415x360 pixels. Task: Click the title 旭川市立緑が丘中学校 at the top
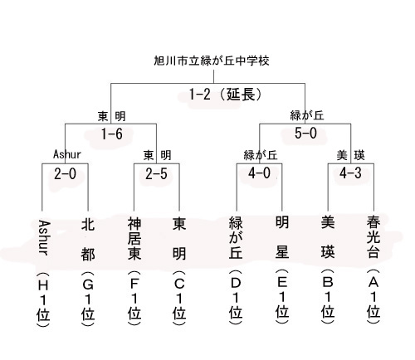(x=212, y=61)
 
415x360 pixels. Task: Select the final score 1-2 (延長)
(x=226, y=95)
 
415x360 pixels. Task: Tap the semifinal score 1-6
(x=112, y=134)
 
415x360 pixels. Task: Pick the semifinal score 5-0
(x=305, y=134)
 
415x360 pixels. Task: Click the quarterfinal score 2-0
(x=65, y=174)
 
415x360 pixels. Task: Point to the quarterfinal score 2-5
(x=157, y=174)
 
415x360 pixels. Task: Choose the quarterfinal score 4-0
(x=259, y=173)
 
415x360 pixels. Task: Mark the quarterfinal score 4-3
(x=350, y=173)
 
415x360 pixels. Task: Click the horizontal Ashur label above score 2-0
(x=67, y=154)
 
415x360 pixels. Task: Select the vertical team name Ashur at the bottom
(x=44, y=238)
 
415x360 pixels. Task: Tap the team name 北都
(x=88, y=239)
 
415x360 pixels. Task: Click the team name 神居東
(x=134, y=238)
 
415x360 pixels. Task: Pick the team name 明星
(x=282, y=237)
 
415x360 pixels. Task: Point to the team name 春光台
(x=373, y=237)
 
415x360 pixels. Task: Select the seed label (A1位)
(x=373, y=296)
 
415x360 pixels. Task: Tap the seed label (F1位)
(x=134, y=298)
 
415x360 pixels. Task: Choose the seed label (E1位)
(x=282, y=296)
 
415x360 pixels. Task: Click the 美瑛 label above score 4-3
(x=350, y=155)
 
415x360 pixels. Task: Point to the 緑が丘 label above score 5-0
(x=307, y=115)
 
